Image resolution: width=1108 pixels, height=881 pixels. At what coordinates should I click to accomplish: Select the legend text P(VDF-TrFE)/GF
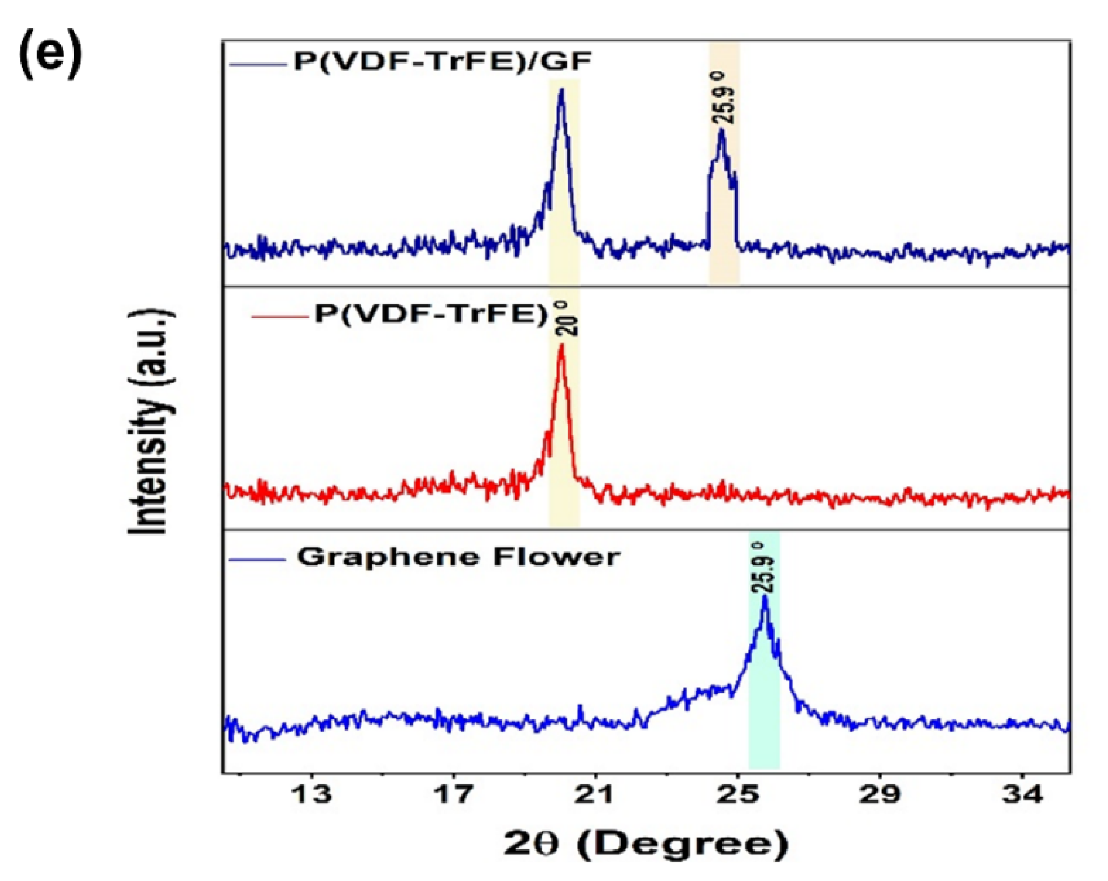point(442,61)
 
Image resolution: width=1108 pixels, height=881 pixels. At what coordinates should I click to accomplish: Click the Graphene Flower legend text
point(458,557)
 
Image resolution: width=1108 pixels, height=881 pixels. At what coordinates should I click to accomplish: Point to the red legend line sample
point(277,316)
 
